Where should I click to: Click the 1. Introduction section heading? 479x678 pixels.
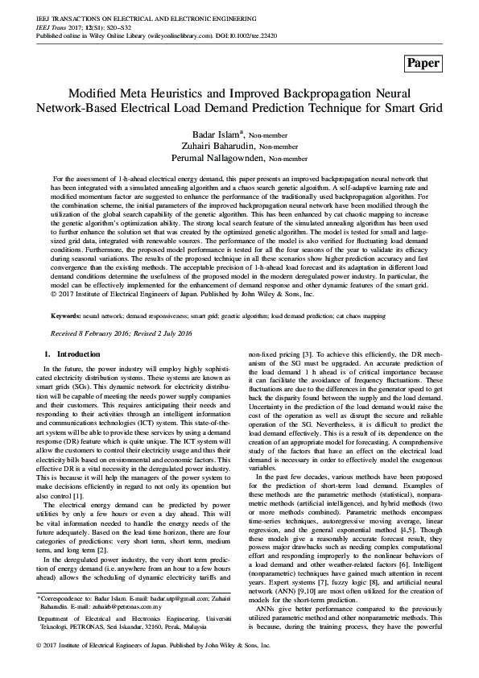tap(72, 354)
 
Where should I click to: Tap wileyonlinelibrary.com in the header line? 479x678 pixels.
tap(166, 37)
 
